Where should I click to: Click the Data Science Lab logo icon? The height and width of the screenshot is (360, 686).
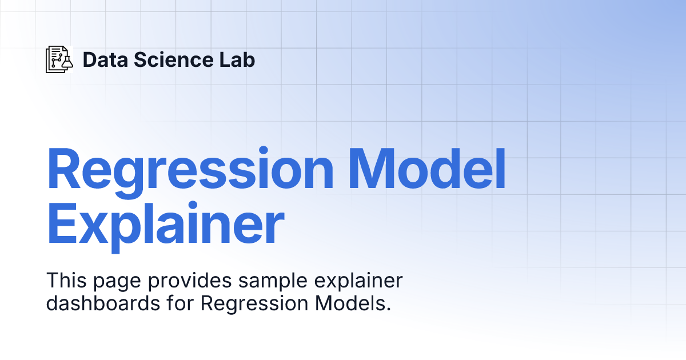[x=59, y=59]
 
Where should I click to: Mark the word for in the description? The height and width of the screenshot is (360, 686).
[x=180, y=303]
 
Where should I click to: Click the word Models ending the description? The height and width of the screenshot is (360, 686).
[x=350, y=303]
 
